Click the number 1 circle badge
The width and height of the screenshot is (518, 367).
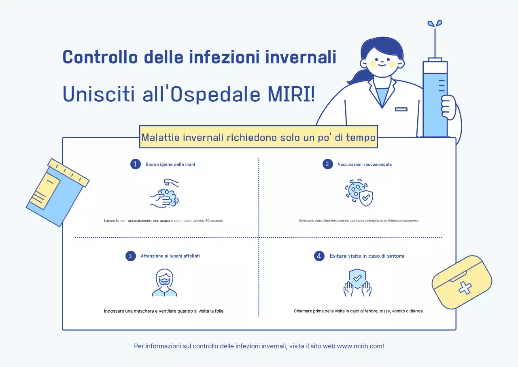click(x=135, y=164)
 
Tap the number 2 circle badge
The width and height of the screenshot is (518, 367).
click(x=327, y=164)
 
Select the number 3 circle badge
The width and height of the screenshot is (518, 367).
click(x=130, y=256)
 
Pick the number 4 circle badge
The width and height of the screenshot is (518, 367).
click(x=319, y=256)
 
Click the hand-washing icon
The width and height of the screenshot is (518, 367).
click(x=164, y=194)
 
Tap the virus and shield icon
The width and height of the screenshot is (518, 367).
click(x=359, y=193)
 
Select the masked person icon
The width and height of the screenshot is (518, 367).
click(x=165, y=283)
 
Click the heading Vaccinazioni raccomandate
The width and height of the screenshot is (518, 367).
click(x=365, y=164)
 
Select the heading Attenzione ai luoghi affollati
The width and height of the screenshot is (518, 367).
click(x=170, y=256)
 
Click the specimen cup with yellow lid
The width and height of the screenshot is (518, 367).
click(x=56, y=192)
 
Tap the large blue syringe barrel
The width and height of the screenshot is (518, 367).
click(x=435, y=99)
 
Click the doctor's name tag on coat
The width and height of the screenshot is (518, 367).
click(x=401, y=109)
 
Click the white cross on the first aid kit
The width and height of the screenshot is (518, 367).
click(x=465, y=288)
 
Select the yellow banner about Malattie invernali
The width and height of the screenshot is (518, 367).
click(x=259, y=137)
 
